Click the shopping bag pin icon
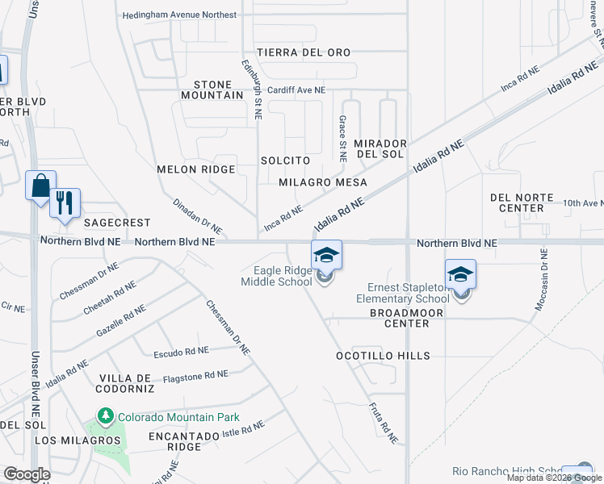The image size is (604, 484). pyautogui.click(x=40, y=186)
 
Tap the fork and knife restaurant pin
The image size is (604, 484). pyautogui.click(x=65, y=202)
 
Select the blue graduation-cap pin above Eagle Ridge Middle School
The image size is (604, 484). pyautogui.click(x=326, y=255)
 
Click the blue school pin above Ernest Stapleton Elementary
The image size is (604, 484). pyautogui.click(x=460, y=274)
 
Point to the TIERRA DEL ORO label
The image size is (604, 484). pyautogui.click(x=304, y=52)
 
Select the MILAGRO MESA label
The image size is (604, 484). pyautogui.click(x=322, y=182)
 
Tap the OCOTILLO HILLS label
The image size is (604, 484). pyautogui.click(x=384, y=356)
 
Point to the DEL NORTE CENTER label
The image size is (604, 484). pyautogui.click(x=522, y=202)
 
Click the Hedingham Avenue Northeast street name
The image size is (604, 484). pyautogui.click(x=179, y=15)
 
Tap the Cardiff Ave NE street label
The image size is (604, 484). pyautogui.click(x=296, y=90)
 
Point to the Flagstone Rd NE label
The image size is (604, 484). pyautogui.click(x=195, y=375)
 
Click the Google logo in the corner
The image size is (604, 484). pyautogui.click(x=27, y=474)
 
